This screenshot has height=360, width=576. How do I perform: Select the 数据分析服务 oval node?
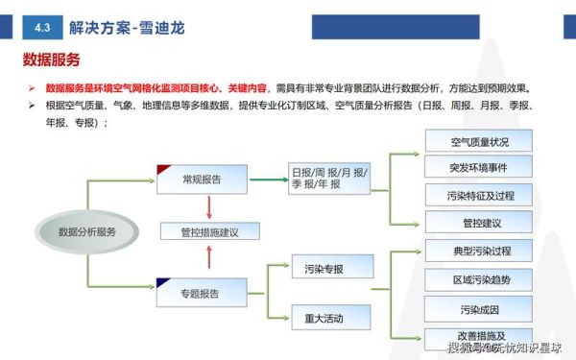(x=86, y=231)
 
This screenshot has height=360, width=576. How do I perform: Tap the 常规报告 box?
(x=202, y=179)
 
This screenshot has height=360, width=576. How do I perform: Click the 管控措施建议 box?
(x=208, y=231)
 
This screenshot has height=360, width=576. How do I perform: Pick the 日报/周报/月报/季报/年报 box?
(x=329, y=177)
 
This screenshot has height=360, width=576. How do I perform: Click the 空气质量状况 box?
(x=479, y=142)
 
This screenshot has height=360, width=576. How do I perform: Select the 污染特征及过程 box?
(x=479, y=196)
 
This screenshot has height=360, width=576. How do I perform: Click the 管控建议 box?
(x=479, y=223)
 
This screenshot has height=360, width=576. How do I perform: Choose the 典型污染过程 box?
(x=479, y=251)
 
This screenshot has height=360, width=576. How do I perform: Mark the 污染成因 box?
(x=479, y=309)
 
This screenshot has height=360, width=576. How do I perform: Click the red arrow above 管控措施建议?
(x=208, y=205)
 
